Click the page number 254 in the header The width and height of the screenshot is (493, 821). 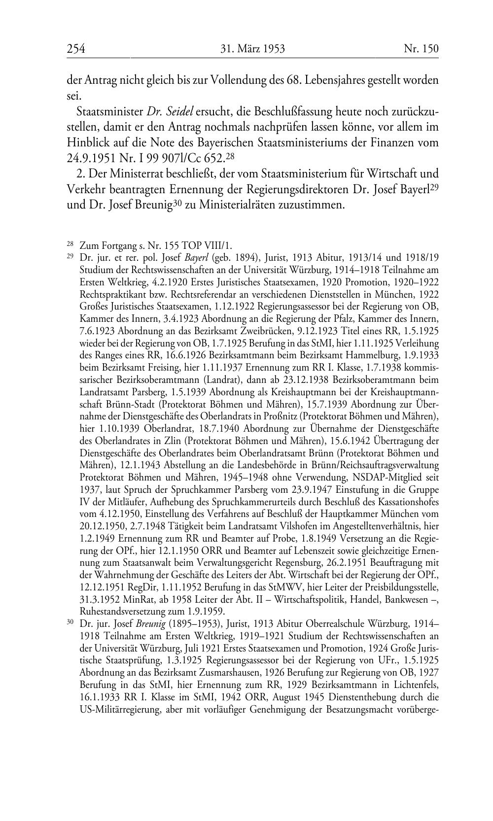76,48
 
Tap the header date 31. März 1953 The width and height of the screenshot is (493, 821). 252,48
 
